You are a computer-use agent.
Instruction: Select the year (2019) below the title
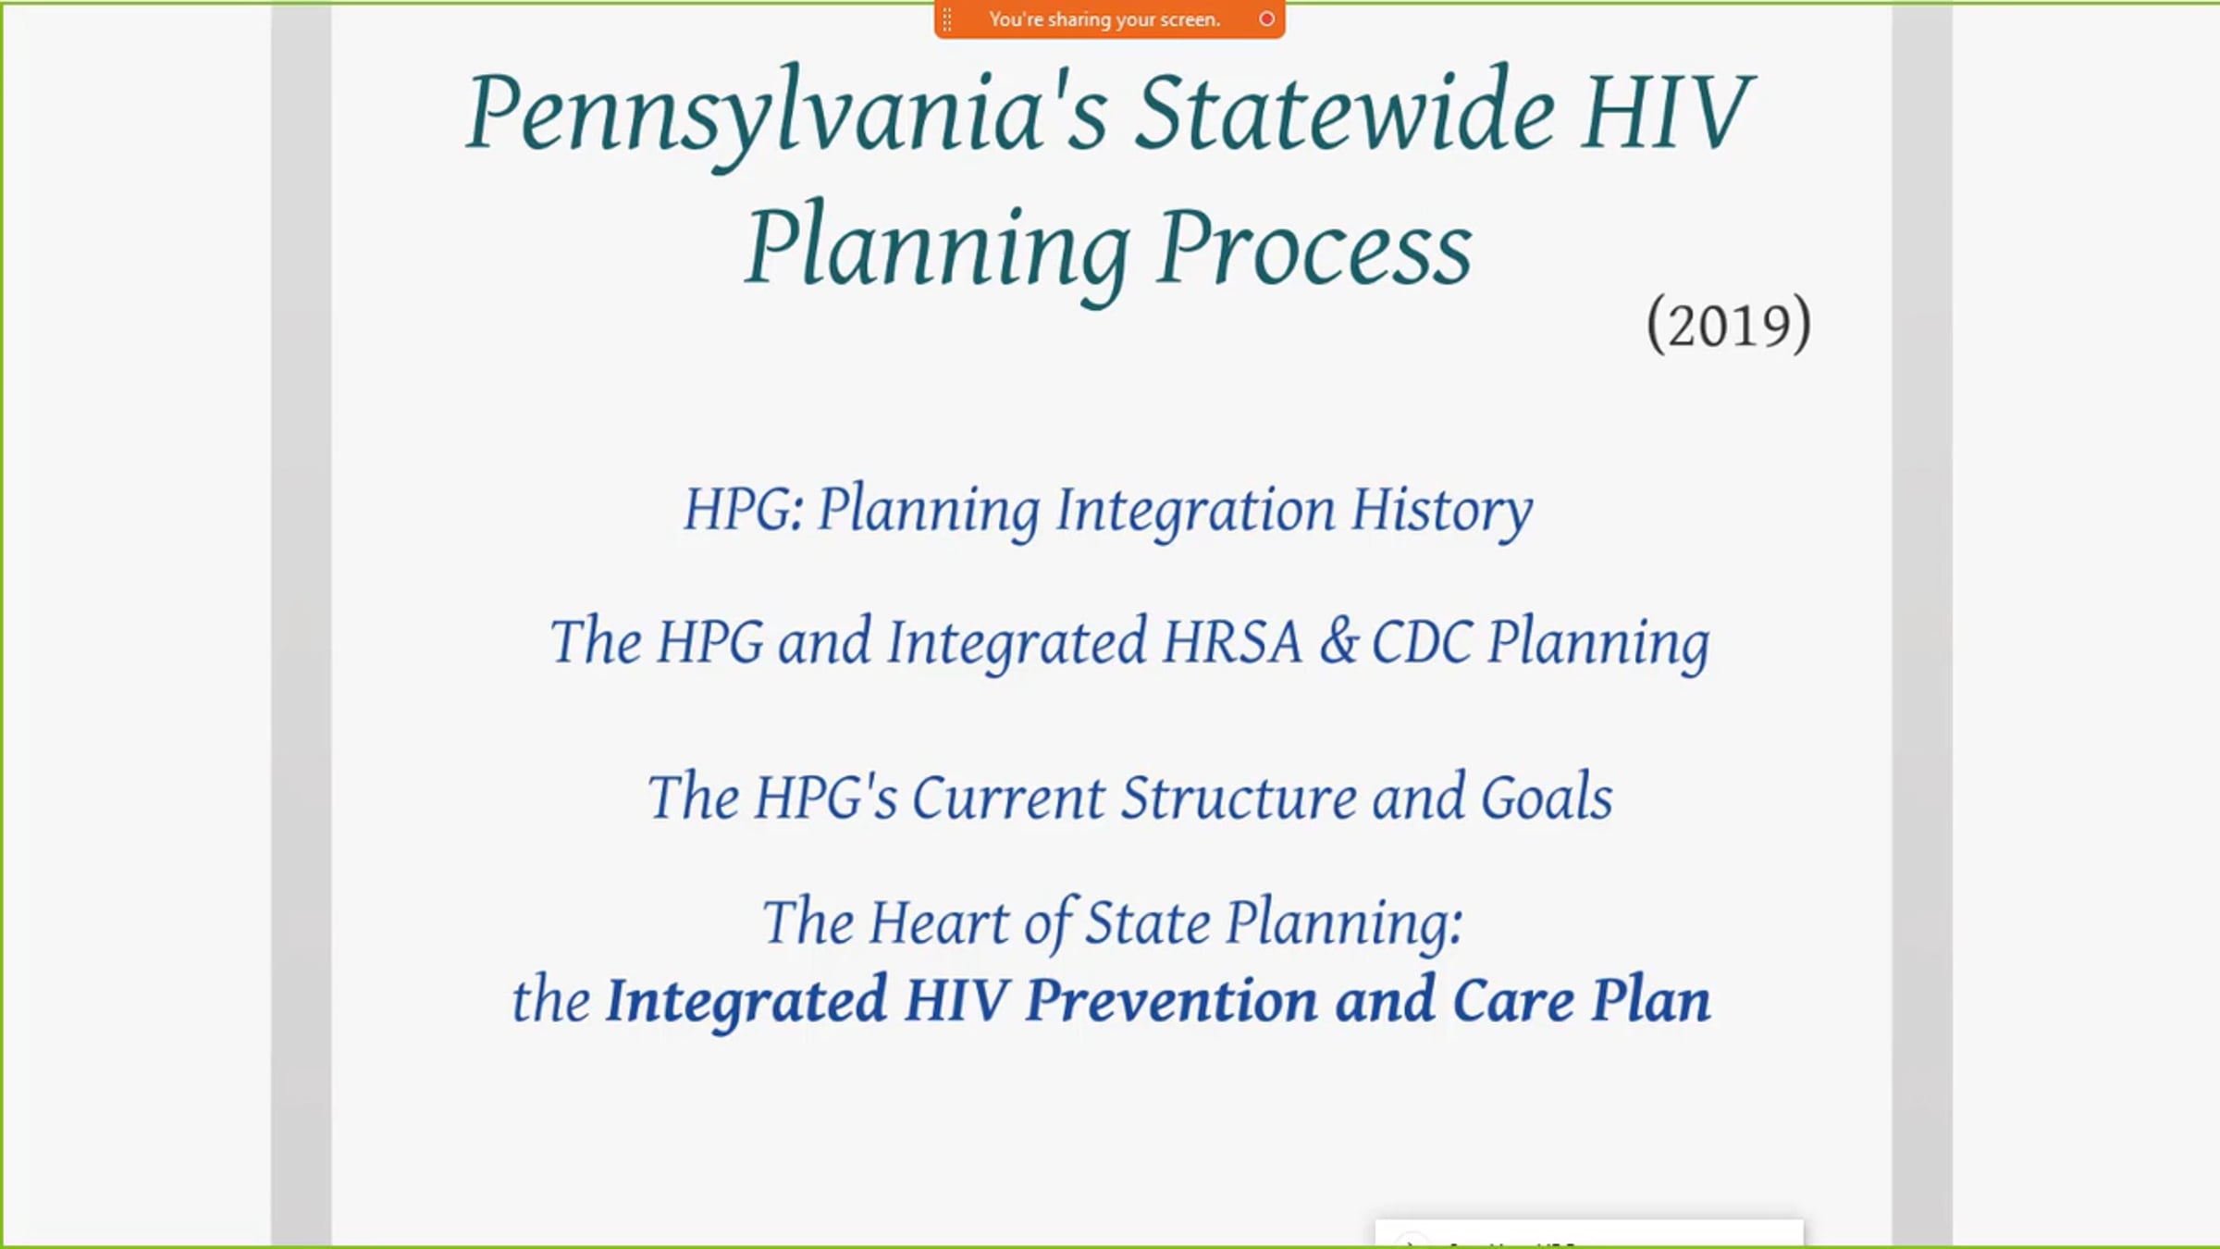coord(1729,324)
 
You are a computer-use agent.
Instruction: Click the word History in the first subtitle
coord(1441,511)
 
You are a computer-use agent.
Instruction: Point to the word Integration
coord(1195,511)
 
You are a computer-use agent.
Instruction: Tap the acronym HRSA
coord(1232,641)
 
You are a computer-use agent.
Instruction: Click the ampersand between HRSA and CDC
coord(1338,641)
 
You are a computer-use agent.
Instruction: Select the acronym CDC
coord(1422,641)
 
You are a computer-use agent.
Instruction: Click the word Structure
coord(1239,797)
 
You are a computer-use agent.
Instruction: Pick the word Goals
coord(1547,797)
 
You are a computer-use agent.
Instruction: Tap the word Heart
coord(939,922)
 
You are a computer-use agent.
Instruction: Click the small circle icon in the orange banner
coord(1266,19)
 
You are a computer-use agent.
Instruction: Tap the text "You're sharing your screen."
coord(1104,19)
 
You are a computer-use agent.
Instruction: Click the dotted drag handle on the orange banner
coord(946,19)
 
